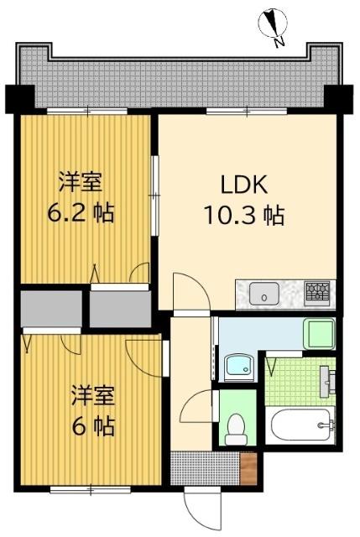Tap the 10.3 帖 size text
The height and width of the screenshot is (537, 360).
243,216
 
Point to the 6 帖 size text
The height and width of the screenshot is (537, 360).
81,426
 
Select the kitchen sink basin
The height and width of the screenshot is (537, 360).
264,295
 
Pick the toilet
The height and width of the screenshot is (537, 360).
237,428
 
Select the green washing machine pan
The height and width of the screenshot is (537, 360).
319,333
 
